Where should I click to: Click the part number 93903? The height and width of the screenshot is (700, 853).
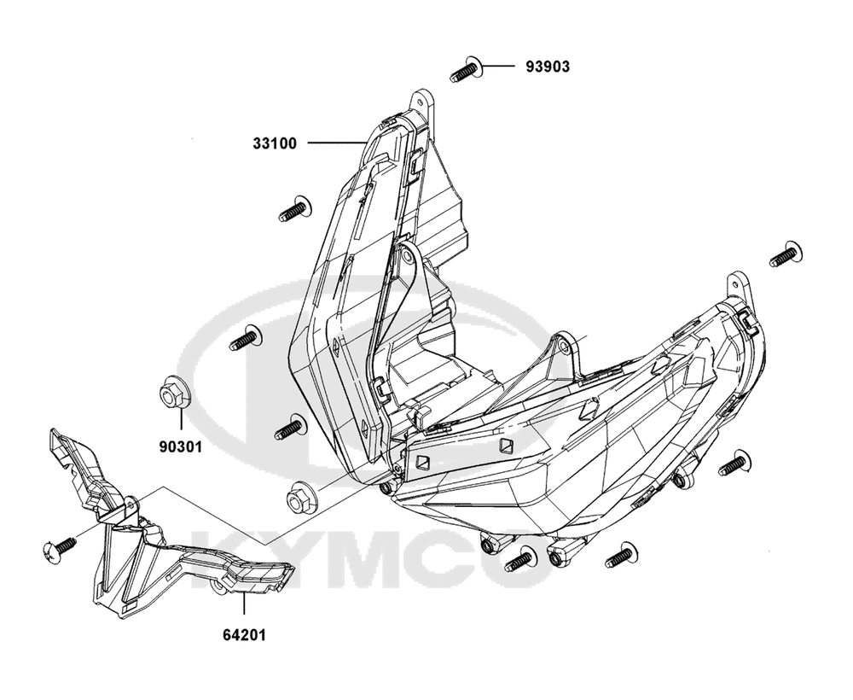pos(548,67)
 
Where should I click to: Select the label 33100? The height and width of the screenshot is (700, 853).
pos(275,143)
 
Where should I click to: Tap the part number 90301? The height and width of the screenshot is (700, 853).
pos(181,446)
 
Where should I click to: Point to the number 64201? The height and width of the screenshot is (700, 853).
pos(244,634)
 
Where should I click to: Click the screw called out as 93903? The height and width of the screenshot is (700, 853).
pos(467,70)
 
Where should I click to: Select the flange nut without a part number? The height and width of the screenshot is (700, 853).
pos(300,498)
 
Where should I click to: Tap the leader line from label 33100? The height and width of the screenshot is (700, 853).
pos(337,143)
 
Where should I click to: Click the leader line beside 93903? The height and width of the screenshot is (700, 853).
pos(498,66)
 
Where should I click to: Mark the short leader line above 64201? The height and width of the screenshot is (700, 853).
pos(244,606)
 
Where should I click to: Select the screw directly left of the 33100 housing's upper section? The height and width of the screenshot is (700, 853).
pos(295,209)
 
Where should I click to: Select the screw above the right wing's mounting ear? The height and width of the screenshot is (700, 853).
pos(786,254)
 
